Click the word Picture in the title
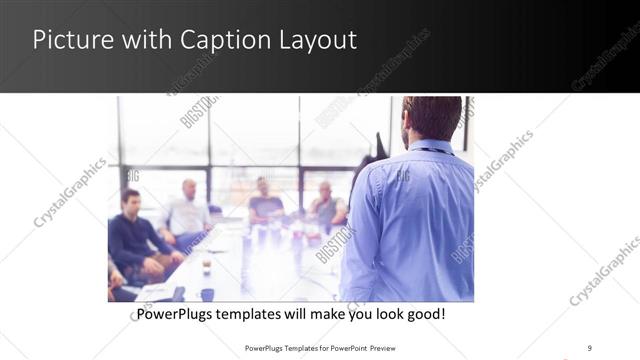pyautogui.click(x=67, y=41)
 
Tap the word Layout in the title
pyautogui.click(x=318, y=41)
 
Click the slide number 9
pyautogui.click(x=589, y=347)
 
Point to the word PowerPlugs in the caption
pyautogui.click(x=175, y=314)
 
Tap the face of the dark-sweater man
pyautogui.click(x=130, y=201)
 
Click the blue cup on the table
pyautogui.click(x=207, y=294)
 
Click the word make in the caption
pyautogui.click(x=323, y=314)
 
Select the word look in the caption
pyautogui.click(x=387, y=314)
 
